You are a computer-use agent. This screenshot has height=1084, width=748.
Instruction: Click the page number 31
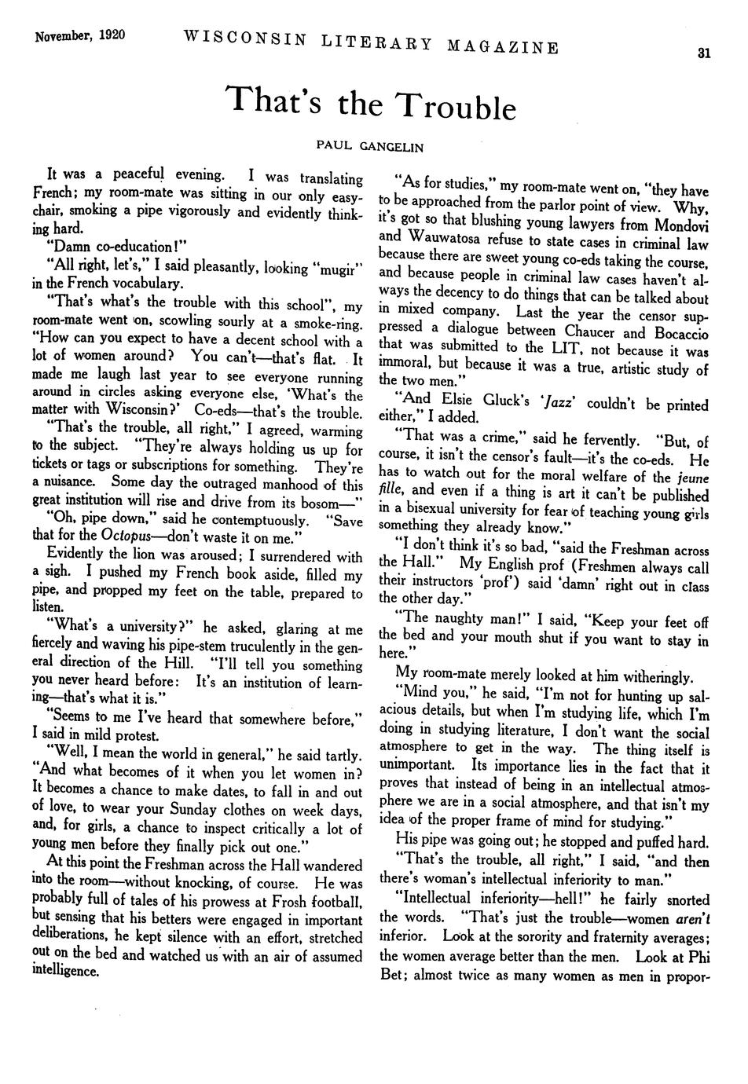tap(703, 54)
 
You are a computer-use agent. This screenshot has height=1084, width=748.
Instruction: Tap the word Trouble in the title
tap(455, 107)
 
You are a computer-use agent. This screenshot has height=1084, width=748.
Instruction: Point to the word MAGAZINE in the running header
tap(504, 48)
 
